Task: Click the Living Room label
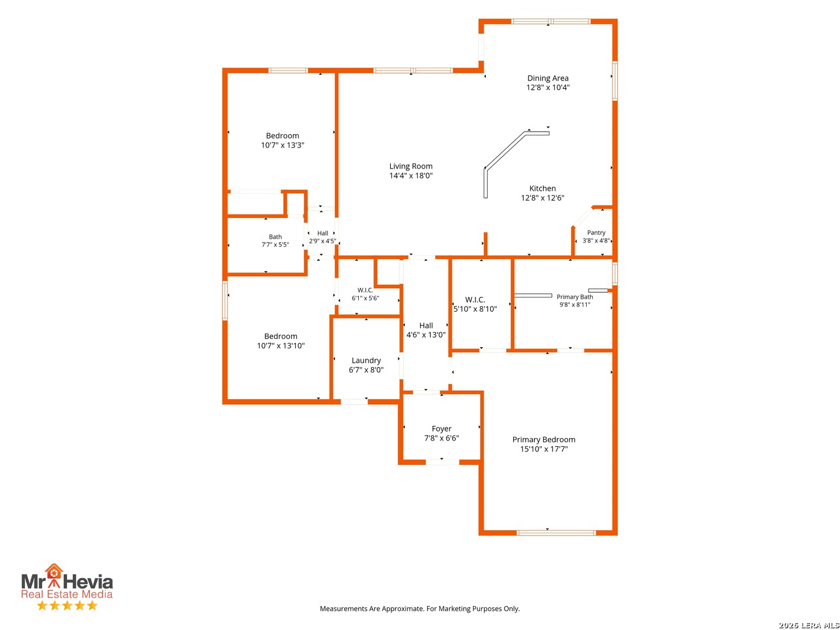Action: point(410,166)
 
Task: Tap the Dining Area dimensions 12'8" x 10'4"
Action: point(547,87)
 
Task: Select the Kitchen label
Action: point(542,188)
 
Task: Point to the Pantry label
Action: point(596,232)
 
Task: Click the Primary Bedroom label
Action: point(543,439)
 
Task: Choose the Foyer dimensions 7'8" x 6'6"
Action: point(441,437)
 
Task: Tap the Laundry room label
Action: point(366,360)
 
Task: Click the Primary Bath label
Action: point(574,297)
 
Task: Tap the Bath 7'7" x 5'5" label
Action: point(275,240)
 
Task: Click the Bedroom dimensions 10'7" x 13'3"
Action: point(282,145)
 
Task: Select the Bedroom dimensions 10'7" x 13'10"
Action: point(280,345)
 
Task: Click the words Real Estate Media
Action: point(66,594)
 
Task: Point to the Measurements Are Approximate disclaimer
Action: point(419,608)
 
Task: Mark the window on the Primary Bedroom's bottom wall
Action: point(556,533)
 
